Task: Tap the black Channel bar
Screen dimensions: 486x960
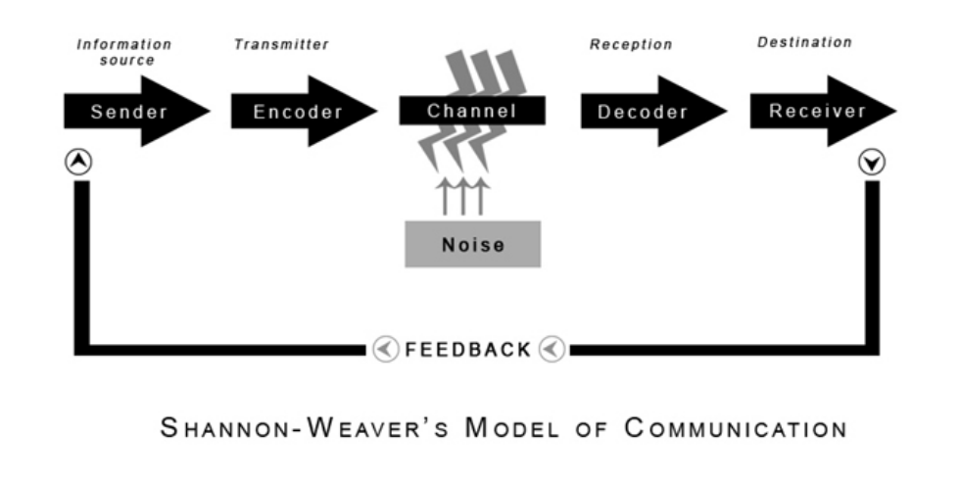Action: pos(471,112)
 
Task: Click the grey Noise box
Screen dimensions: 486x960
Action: pos(472,243)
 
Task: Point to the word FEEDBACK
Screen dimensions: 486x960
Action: pos(468,349)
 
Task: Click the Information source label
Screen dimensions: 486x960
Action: pos(123,52)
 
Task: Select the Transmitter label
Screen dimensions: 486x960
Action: pos(281,45)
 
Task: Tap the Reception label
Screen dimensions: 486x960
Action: pos(631,45)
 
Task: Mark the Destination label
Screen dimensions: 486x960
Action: pos(804,43)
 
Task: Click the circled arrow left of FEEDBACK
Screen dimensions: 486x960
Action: pos(385,349)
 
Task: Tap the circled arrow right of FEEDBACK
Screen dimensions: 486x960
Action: pos(552,349)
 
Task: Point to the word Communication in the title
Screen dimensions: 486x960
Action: pos(734,430)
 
